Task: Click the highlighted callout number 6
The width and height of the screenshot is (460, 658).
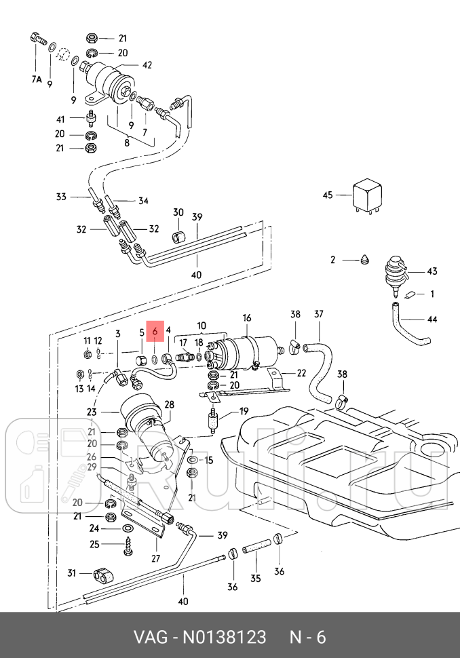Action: click(155, 331)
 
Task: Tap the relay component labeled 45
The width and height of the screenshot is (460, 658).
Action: click(368, 197)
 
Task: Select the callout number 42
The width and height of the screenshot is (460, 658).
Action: click(147, 65)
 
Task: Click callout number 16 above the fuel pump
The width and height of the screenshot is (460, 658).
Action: click(247, 317)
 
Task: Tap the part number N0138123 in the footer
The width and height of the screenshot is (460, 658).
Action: click(224, 638)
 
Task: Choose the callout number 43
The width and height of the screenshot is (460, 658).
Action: click(432, 271)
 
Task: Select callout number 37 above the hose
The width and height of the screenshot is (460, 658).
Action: click(319, 314)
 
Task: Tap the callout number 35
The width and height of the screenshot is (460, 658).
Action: click(255, 578)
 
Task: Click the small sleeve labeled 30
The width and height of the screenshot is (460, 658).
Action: click(179, 236)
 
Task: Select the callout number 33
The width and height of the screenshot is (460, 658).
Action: click(61, 197)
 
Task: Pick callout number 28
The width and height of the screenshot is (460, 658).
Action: click(169, 404)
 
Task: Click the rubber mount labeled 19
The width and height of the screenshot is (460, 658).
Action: click(213, 421)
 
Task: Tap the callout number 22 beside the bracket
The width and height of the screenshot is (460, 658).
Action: click(301, 373)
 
